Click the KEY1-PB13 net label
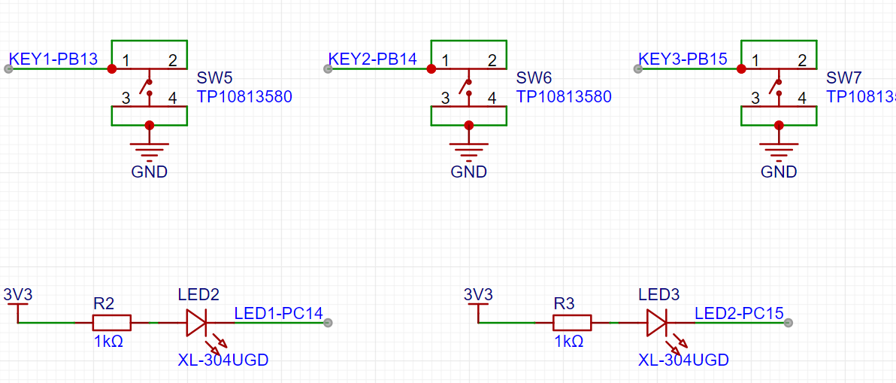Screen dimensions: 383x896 (53, 59)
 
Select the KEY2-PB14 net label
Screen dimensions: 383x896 (372, 59)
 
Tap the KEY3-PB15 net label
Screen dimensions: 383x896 (683, 59)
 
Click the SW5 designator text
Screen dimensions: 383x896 (214, 78)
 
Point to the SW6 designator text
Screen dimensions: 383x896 (534, 78)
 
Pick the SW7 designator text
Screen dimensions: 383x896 (843, 78)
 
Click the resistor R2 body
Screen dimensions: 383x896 (112, 323)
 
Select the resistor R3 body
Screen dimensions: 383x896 (572, 323)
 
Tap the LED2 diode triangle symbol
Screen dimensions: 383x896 (195, 323)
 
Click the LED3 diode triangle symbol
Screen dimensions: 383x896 (655, 323)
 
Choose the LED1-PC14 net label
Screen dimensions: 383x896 (278, 312)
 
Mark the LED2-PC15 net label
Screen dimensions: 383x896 (739, 312)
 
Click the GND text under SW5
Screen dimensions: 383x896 (150, 172)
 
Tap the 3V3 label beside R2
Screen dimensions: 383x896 (17, 293)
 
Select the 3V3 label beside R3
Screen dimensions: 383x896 (478, 293)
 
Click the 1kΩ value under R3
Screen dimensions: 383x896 (569, 341)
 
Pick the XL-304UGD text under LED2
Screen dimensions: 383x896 (223, 360)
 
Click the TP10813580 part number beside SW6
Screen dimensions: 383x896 (564, 96)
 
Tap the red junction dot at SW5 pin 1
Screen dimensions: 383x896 (112, 68)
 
